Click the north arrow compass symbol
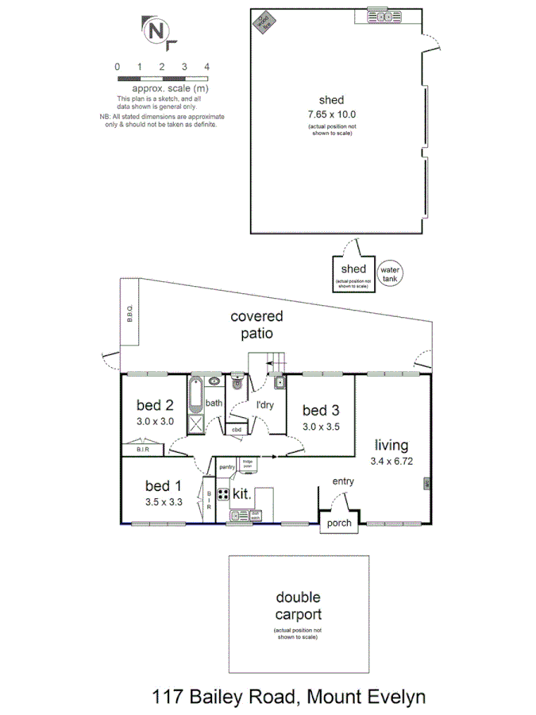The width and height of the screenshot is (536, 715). tap(156, 32)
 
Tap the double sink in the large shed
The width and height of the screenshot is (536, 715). tap(382, 16)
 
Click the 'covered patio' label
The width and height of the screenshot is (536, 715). tap(256, 325)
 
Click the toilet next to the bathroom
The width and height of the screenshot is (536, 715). tap(236, 385)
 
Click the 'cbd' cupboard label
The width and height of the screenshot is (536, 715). tap(236, 430)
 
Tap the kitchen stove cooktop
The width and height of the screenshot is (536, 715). tap(223, 494)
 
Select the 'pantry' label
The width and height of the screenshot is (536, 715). tap(226, 467)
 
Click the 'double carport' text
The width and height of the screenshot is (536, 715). tap(299, 605)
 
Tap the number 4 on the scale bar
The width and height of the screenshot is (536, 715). tap(206, 67)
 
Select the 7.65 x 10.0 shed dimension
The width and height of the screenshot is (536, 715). tap(331, 114)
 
